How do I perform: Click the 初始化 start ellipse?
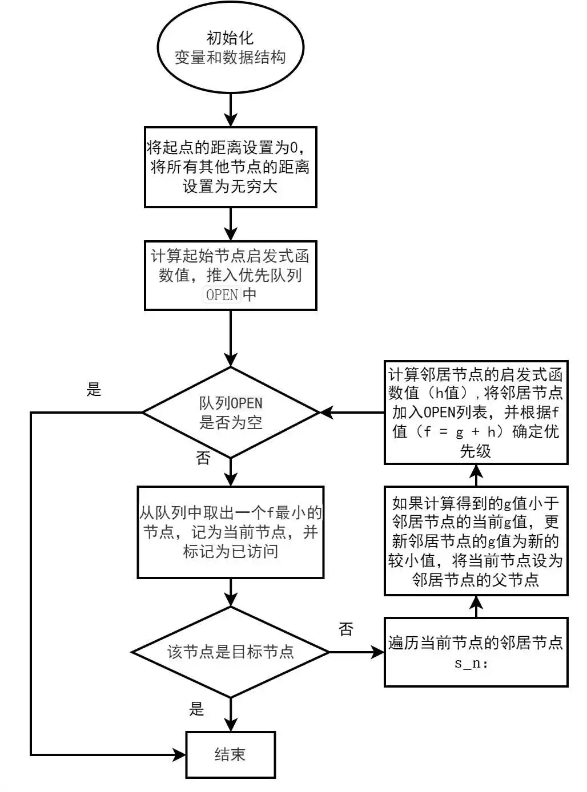click(x=230, y=48)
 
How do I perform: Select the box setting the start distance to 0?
click(x=230, y=167)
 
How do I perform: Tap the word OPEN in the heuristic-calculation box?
click(x=222, y=294)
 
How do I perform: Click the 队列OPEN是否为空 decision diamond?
click(x=230, y=412)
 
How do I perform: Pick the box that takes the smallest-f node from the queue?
click(x=230, y=532)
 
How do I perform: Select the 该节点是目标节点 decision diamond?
click(x=230, y=652)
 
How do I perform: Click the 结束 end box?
click(x=230, y=754)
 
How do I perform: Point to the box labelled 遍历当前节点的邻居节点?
click(x=476, y=652)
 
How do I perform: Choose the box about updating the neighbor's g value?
click(x=476, y=541)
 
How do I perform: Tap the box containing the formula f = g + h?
click(x=476, y=413)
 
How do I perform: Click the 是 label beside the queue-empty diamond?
click(x=94, y=390)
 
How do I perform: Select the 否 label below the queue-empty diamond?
click(x=203, y=458)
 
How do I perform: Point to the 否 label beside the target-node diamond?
click(x=346, y=629)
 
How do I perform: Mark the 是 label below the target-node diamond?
click(x=196, y=709)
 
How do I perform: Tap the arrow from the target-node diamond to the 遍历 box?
click(x=357, y=652)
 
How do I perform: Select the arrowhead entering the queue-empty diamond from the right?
click(x=327, y=412)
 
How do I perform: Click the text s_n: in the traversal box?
click(x=471, y=663)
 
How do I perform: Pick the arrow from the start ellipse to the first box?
click(x=230, y=110)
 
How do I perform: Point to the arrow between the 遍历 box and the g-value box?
click(x=476, y=607)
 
